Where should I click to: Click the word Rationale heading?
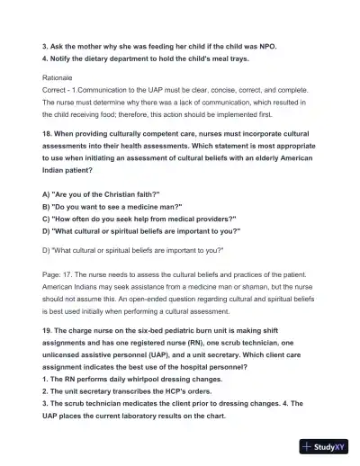click(59, 77)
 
